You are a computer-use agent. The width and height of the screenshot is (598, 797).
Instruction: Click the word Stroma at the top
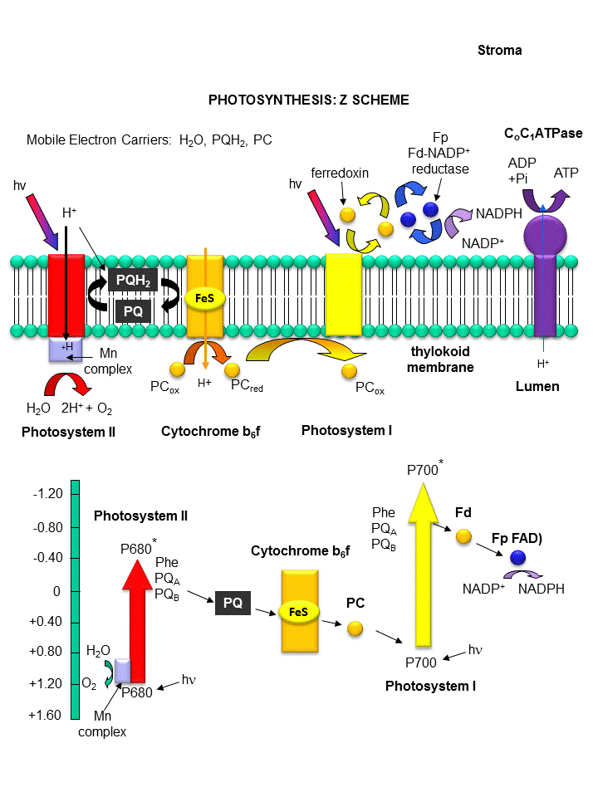click(500, 51)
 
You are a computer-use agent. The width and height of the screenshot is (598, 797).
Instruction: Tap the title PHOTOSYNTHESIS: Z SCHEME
click(308, 100)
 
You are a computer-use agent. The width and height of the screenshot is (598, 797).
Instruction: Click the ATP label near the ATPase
click(566, 174)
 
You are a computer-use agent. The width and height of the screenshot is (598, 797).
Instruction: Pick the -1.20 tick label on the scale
click(47, 494)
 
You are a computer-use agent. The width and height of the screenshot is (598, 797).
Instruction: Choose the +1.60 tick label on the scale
click(46, 715)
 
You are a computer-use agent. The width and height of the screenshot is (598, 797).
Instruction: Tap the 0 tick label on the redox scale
click(56, 591)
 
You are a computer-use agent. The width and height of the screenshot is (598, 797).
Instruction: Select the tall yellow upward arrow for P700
click(424, 565)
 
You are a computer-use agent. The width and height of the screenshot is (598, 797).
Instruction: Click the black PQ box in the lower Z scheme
click(233, 604)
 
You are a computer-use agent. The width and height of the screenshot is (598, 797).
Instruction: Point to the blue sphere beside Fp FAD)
click(518, 558)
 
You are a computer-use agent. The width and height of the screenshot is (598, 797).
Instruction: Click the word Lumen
click(537, 386)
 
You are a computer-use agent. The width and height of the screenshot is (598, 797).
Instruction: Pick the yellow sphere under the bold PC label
click(355, 628)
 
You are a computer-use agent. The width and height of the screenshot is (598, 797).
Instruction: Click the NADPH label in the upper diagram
click(498, 213)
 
